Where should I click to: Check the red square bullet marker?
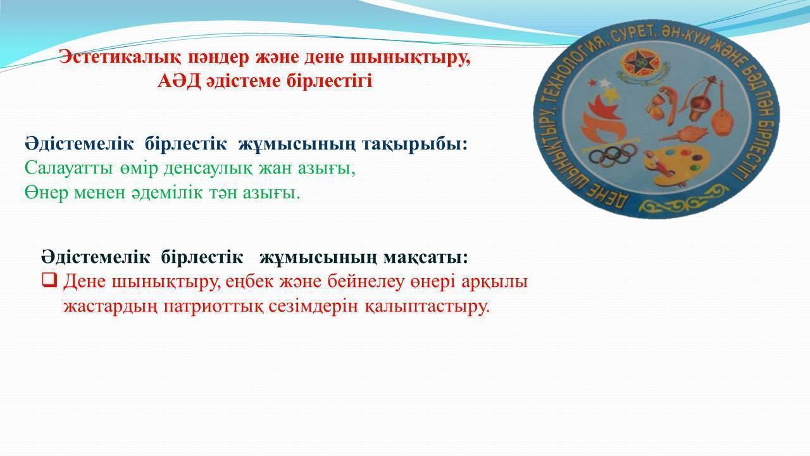tap(49, 281)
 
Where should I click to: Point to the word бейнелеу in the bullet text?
tap(365, 282)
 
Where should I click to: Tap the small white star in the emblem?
tap(604, 84)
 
